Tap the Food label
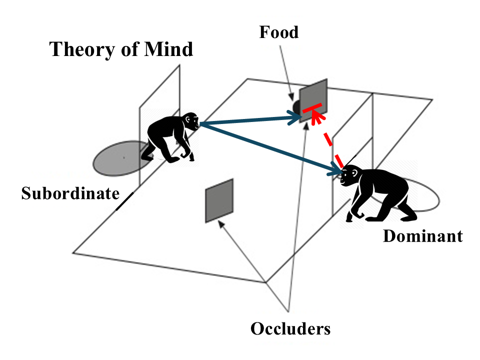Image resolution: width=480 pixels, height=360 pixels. coord(278,33)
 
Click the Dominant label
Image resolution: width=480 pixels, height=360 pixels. coord(422,235)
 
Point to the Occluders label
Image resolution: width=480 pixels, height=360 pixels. coord(290,328)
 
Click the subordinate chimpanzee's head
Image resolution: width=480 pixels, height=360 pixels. coord(189,120)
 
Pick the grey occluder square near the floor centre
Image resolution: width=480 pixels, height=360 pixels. coord(219,200)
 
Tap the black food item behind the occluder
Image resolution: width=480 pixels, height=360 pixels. coord(296,107)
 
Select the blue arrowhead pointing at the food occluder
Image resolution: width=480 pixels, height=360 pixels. coord(294,118)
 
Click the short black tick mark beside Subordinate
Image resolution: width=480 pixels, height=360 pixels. coord(125,201)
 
